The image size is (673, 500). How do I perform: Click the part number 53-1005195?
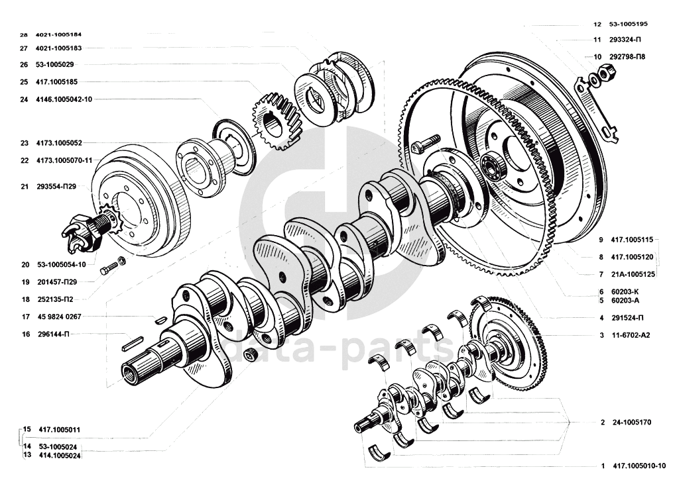pyautogui.click(x=628, y=24)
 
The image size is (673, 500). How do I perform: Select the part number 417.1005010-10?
pyautogui.click(x=640, y=466)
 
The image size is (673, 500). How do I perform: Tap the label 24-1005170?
pyautogui.click(x=631, y=423)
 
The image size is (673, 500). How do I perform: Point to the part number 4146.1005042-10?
pyautogui.click(x=64, y=99)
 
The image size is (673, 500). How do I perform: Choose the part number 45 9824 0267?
pyautogui.click(x=59, y=317)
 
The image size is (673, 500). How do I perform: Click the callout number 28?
pyautogui.click(x=24, y=34)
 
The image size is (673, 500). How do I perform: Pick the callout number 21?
pyautogui.click(x=25, y=187)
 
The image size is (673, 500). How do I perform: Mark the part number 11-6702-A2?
pyautogui.click(x=631, y=335)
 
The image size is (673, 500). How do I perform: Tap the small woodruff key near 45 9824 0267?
pyautogui.click(x=160, y=319)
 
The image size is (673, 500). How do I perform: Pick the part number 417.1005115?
pyautogui.click(x=632, y=240)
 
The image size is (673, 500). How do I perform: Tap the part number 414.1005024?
pyautogui.click(x=60, y=456)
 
